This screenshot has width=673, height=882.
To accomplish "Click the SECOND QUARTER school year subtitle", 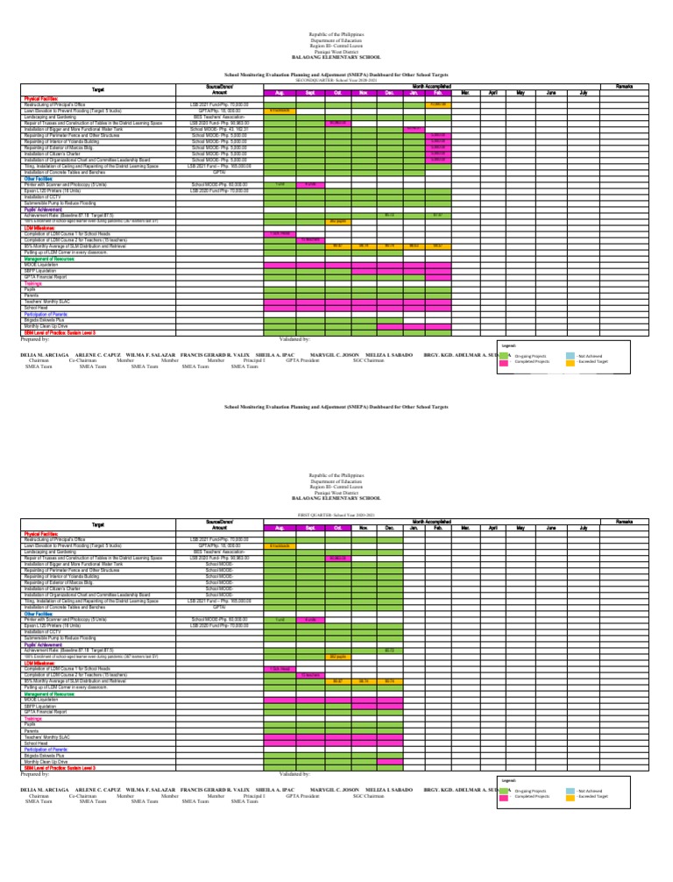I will click(x=336, y=79).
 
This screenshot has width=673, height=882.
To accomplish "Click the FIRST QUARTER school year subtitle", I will click(x=336, y=514).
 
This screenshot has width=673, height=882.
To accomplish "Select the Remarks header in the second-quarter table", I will click(x=625, y=86).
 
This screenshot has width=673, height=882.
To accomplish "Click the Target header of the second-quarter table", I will click(x=99, y=89).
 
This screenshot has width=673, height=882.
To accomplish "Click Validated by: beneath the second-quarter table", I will click(x=294, y=338).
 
